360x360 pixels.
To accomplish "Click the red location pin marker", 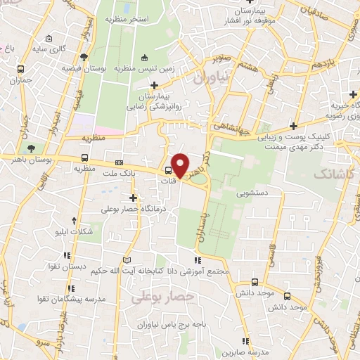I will [181, 165].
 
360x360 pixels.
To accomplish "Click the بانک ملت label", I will [118, 172].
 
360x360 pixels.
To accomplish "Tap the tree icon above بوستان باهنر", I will [30, 148].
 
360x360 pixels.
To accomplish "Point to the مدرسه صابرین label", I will [252, 352].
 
